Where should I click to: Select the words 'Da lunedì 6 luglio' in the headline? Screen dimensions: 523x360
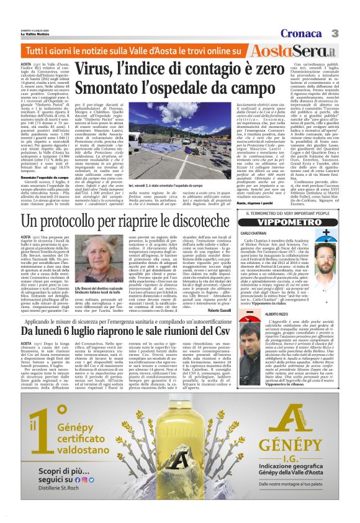click(x=60, y=331)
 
